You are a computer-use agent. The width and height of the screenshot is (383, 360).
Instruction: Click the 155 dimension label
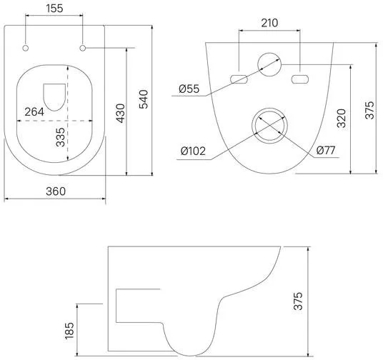coord(54,9)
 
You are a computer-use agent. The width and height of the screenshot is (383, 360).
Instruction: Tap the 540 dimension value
coord(144,99)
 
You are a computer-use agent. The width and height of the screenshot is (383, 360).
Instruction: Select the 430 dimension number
coord(121,113)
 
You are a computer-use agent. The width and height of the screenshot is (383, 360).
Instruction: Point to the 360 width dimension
coord(56,191)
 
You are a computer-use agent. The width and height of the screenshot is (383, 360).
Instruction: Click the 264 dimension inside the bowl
coord(34,112)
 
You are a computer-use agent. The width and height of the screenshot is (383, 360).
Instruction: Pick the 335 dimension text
coord(60,137)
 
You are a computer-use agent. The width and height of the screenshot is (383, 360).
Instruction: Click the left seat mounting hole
coord(26,48)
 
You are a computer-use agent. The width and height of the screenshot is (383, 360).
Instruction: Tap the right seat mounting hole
coord(83,48)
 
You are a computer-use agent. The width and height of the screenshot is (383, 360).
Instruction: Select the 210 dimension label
coord(269,23)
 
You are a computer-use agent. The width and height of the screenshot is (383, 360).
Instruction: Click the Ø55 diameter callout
coord(189,89)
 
